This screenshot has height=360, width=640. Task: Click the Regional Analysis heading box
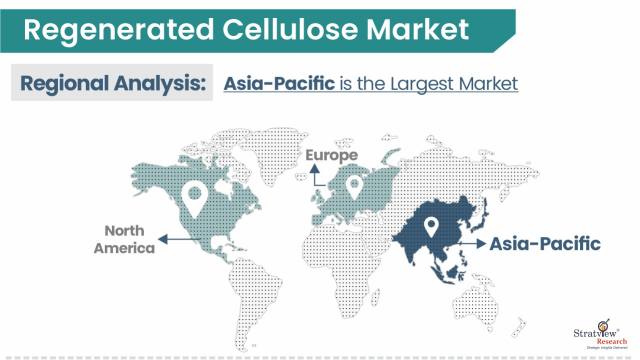coord(111,83)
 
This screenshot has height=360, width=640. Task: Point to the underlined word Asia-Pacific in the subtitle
coord(279,83)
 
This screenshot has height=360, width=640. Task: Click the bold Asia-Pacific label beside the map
coord(545,243)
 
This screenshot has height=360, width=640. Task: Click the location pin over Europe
coord(352,186)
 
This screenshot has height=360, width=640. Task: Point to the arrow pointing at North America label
coord(178,239)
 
